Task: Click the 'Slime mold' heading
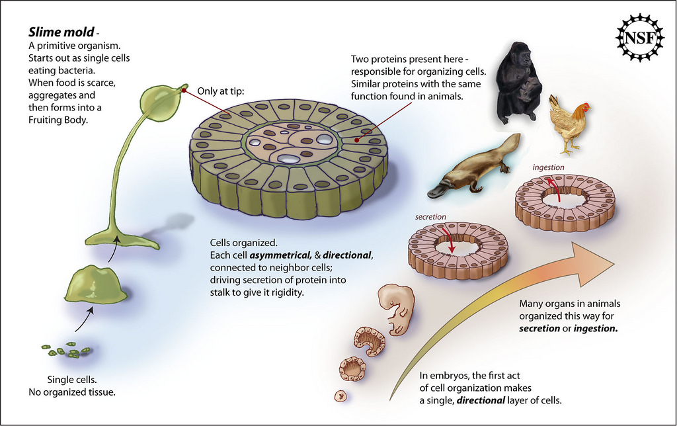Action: pyautogui.click(x=61, y=32)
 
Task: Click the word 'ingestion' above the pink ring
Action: pyautogui.click(x=548, y=167)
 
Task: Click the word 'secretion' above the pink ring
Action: pyautogui.click(x=430, y=217)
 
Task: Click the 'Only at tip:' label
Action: pyautogui.click(x=221, y=91)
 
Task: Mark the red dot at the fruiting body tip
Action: pyautogui.click(x=184, y=91)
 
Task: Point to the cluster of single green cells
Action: pyautogui.click(x=66, y=351)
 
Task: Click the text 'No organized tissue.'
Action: pyautogui.click(x=72, y=392)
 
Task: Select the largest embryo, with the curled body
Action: pyautogui.click(x=396, y=308)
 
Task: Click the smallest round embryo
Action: pyautogui.click(x=341, y=396)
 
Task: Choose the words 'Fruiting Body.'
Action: pyautogui.click(x=58, y=120)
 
